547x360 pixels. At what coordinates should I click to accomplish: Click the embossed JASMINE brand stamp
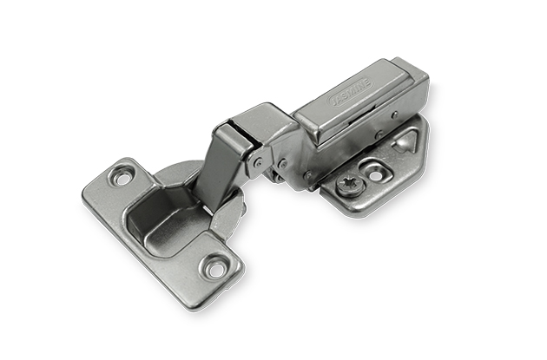[x=351, y=92]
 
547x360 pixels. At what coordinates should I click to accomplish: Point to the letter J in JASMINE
[x=332, y=103]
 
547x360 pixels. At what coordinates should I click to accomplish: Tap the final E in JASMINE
[x=368, y=82]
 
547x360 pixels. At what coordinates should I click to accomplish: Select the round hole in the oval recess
[x=375, y=175]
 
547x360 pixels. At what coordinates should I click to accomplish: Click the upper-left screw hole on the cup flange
[x=122, y=177]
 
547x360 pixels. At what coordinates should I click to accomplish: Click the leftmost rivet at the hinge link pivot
[x=259, y=161]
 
